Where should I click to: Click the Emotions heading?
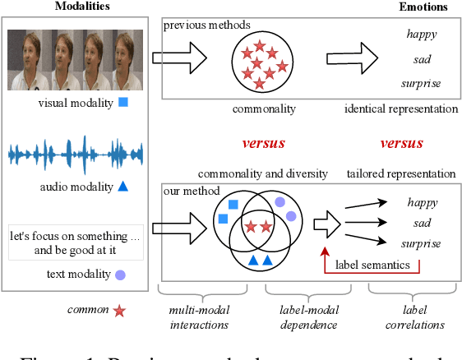tap(424, 7)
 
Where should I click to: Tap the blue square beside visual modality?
tap(123, 103)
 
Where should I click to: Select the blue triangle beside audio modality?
tap(122, 187)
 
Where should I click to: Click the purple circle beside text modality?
tap(120, 275)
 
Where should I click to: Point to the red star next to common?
tap(120, 312)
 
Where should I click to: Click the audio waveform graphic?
tap(76, 154)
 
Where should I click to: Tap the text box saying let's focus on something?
tap(76, 242)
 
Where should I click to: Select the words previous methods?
tap(196, 25)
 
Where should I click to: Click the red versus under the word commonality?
tap(262, 143)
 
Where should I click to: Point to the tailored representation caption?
tap(401, 173)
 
